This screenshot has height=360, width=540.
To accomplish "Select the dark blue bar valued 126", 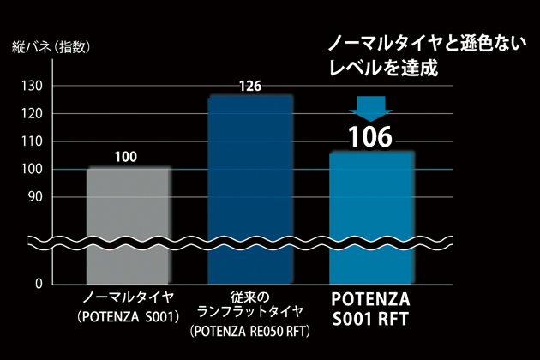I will click(x=250, y=189).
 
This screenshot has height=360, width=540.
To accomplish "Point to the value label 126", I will click(x=249, y=86).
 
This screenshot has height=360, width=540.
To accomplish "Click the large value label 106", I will click(x=369, y=136).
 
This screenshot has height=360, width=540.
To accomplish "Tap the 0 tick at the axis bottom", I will click(x=39, y=283).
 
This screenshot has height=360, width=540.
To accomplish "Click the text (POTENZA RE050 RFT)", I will click(x=249, y=330).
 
